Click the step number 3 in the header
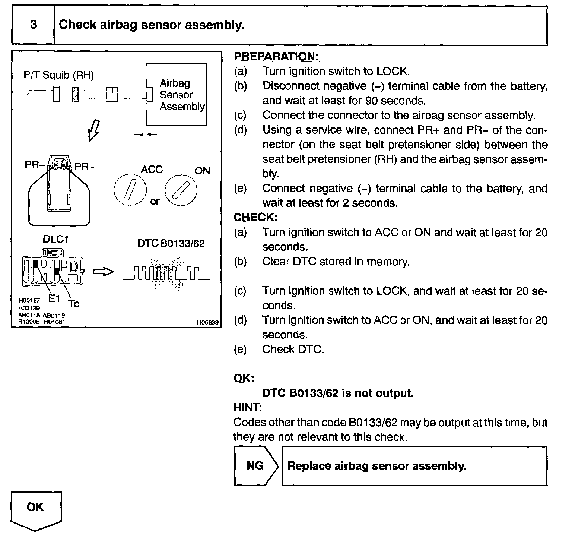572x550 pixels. coord(34,25)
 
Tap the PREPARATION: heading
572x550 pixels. coord(276,57)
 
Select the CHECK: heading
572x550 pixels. coord(255,218)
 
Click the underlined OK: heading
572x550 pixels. coord(244,379)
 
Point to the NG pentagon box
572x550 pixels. coord(255,466)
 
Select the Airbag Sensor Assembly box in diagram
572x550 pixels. coord(177,95)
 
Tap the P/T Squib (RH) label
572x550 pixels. coord(58,75)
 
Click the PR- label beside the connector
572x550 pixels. coord(35,165)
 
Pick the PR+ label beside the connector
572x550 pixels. coord(85,167)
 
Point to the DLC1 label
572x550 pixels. coord(56,239)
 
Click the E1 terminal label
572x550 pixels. coord(54,298)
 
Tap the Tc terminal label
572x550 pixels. coord(74,304)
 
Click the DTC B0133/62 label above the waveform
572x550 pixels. coord(171,244)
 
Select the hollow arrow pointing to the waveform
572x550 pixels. coord(103,272)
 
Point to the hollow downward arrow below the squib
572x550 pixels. coord(93,130)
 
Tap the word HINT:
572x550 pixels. coord(247,408)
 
